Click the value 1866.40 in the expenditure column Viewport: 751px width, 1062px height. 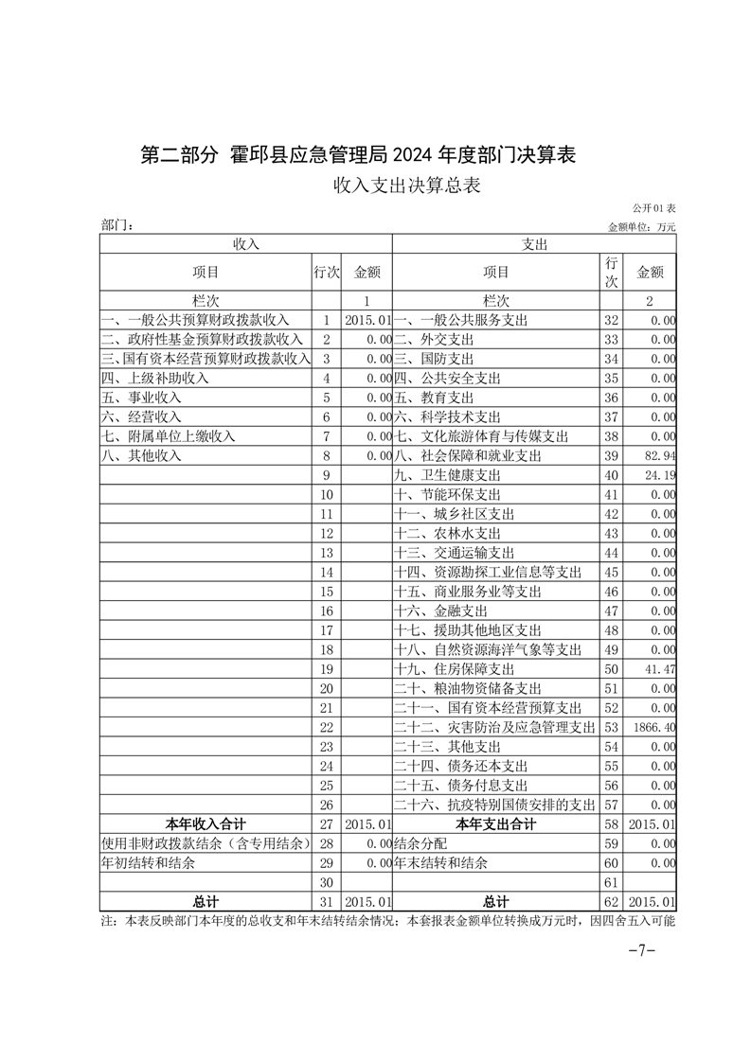click(x=653, y=727)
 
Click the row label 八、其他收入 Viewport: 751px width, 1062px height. click(x=141, y=455)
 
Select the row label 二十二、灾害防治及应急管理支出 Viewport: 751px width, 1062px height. click(x=494, y=727)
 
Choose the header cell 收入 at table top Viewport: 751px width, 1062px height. click(x=246, y=244)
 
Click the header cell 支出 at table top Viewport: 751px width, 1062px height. click(x=534, y=244)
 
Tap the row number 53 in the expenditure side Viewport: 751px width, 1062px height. click(x=611, y=727)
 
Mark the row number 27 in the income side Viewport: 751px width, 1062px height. click(x=327, y=824)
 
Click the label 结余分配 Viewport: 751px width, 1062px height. click(x=420, y=843)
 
